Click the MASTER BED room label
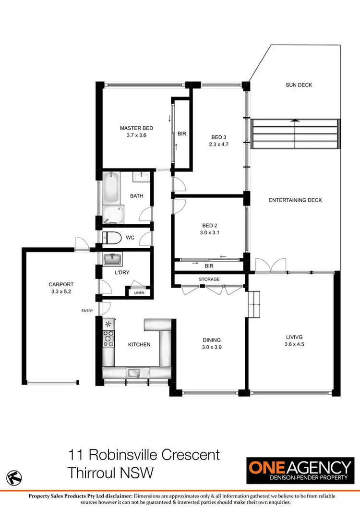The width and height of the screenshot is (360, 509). click(x=136, y=128)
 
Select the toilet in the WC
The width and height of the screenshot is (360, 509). click(x=112, y=237)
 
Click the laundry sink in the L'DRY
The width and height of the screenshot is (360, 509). click(x=113, y=259)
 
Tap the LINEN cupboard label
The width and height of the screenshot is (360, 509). click(x=139, y=293)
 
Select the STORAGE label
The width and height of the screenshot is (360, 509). click(x=209, y=279)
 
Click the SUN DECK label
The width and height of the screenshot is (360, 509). click(x=299, y=85)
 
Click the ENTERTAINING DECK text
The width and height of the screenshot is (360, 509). click(x=295, y=200)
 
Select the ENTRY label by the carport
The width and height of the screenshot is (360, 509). click(x=87, y=311)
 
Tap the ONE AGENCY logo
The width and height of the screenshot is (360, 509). click(x=299, y=471)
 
